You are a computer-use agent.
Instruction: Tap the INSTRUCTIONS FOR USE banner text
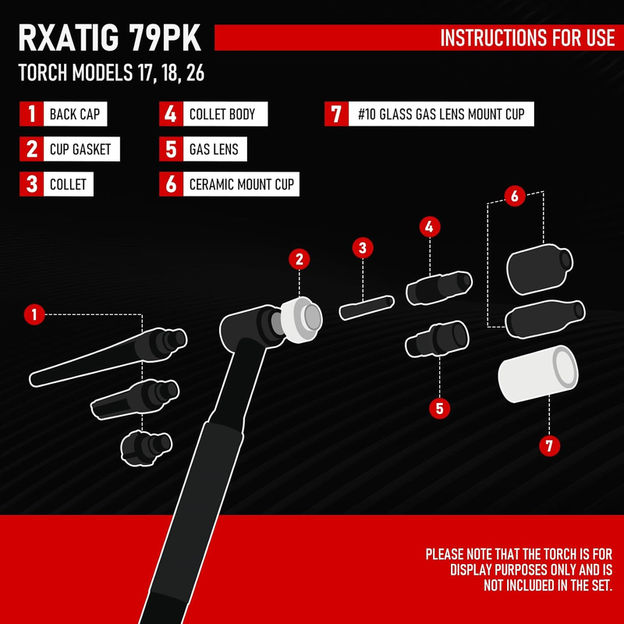click(527, 37)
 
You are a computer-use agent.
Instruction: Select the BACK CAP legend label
click(74, 115)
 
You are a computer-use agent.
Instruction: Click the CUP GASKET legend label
click(80, 149)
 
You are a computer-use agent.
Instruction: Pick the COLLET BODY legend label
click(222, 115)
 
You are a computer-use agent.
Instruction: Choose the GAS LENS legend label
click(214, 149)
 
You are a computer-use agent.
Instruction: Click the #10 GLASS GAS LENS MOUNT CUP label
click(441, 115)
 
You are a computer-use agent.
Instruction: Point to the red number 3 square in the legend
click(31, 185)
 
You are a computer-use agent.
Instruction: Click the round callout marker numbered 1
click(33, 315)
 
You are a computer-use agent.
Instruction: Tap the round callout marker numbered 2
click(300, 259)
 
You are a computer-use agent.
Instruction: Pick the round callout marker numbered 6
click(514, 196)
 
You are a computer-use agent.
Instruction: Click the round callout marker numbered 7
click(550, 445)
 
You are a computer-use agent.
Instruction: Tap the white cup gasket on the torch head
click(300, 320)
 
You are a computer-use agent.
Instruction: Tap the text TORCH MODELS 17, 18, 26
click(112, 75)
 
